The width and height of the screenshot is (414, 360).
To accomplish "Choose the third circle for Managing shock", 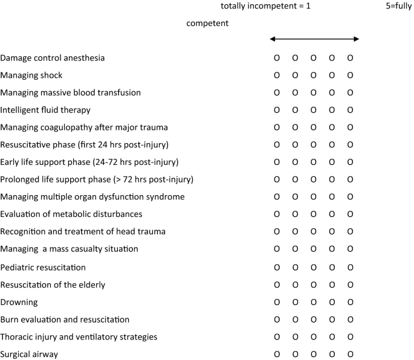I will coord(314,76).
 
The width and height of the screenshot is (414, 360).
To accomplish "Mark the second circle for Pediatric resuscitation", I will coord(296,267).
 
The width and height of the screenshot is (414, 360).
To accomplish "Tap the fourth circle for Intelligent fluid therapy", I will coord(332,111).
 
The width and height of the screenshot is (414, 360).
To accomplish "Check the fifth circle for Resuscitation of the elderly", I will coord(350,284).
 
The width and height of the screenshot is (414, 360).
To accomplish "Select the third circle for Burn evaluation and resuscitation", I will coord(314,319).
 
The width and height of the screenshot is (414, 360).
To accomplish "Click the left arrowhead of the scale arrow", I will coord(273,39).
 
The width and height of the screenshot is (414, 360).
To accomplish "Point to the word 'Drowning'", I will coord(19,301).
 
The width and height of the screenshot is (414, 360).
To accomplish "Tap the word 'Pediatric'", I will coord(18,267).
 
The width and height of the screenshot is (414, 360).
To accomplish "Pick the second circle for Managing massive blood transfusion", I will coord(296,93).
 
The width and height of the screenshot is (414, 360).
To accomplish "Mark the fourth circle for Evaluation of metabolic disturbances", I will coord(332,214).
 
